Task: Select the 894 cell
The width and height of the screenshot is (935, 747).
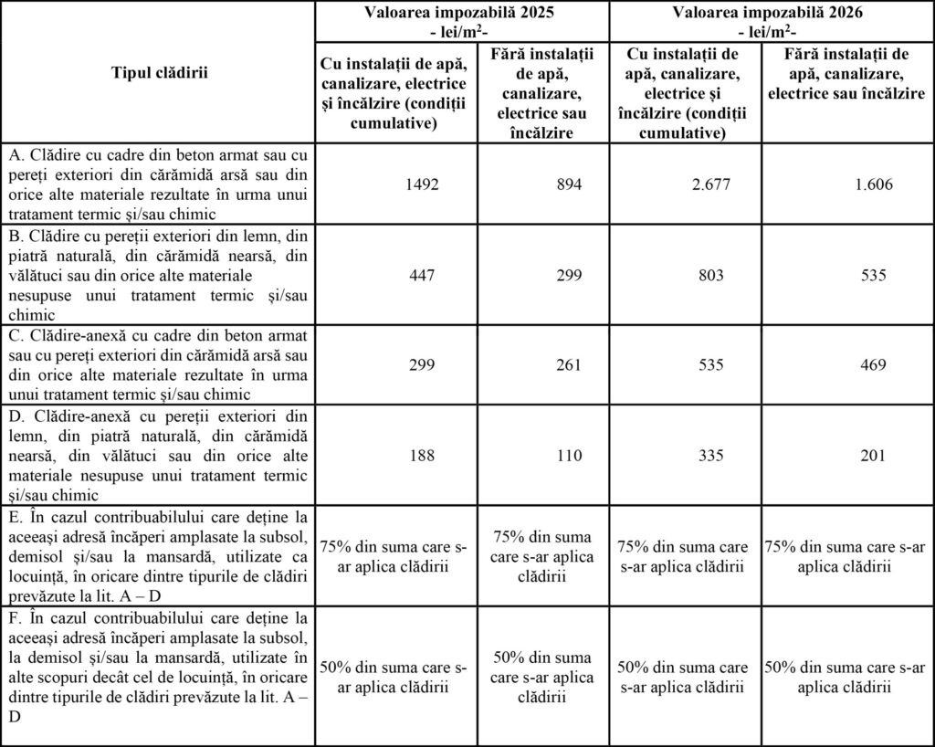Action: click(568, 184)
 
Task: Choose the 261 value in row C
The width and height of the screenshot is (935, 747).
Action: click(568, 365)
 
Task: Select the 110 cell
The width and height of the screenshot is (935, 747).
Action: click(568, 456)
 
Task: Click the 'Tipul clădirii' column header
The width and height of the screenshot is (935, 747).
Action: click(160, 72)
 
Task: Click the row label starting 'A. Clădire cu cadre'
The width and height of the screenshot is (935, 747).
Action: click(160, 184)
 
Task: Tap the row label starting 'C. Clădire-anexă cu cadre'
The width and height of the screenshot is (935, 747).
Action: click(160, 365)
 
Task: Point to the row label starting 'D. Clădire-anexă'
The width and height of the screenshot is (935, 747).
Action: click(160, 456)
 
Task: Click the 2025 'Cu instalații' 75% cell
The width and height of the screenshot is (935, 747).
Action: click(393, 556)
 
